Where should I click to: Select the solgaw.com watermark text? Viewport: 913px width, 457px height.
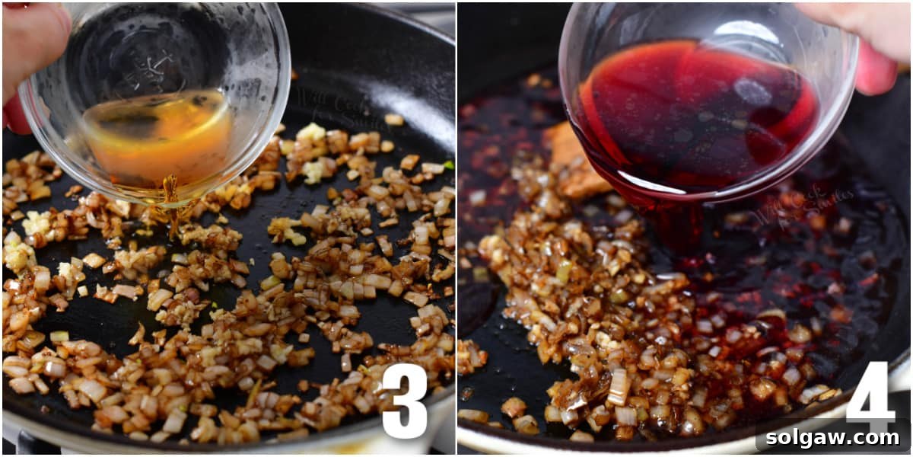pyautogui.click(x=833, y=438)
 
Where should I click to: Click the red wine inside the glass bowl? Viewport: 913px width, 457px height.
pyautogui.click(x=692, y=114)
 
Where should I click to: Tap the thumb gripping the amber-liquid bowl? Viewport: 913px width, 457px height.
pyautogui.click(x=30, y=46)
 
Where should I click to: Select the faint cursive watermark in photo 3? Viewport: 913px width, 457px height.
pyautogui.click(x=335, y=107)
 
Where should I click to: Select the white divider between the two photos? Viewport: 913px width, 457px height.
pyautogui.click(x=456, y=228)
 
